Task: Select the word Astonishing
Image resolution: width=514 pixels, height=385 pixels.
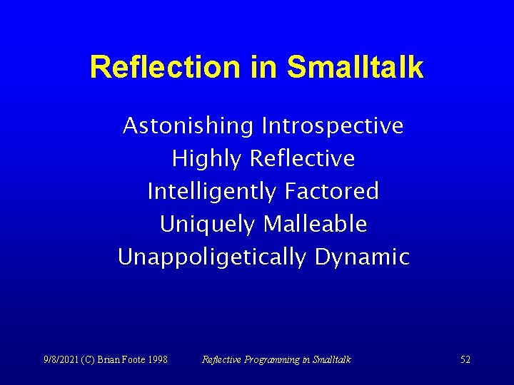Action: [x=188, y=126]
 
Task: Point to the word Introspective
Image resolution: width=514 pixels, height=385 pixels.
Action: [x=333, y=126]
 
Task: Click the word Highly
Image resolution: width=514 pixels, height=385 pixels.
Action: [x=206, y=159]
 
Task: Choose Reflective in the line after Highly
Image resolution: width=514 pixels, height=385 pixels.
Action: [x=303, y=158]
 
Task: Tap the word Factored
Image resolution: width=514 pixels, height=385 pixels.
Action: [x=331, y=191]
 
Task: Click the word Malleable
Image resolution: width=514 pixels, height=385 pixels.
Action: [x=315, y=224]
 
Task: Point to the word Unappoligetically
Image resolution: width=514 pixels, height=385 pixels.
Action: [x=212, y=257]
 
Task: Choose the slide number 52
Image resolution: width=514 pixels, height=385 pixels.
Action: [x=465, y=359]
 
